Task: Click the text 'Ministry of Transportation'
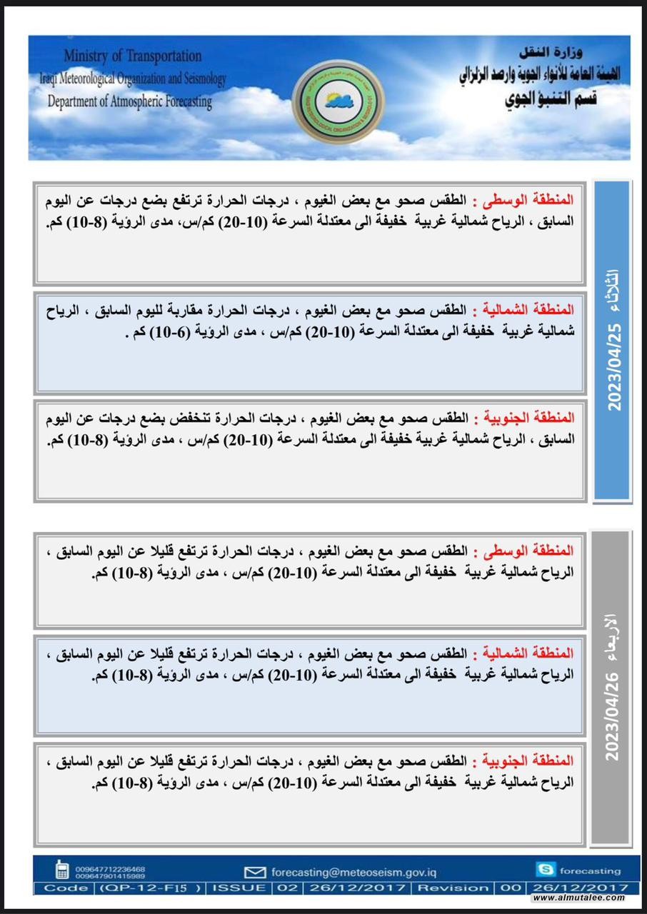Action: pos(133,56)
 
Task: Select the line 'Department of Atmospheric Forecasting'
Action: pos(130,101)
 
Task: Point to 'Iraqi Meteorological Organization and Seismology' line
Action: pos(133,79)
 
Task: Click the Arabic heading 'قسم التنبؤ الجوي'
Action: pos(545,98)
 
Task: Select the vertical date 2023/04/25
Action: pos(614,366)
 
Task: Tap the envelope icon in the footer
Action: pos(254,872)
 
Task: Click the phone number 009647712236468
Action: pos(110,868)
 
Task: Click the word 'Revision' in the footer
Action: pos(453,888)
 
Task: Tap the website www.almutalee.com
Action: pos(578,898)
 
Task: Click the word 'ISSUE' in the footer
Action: pos(243,888)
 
